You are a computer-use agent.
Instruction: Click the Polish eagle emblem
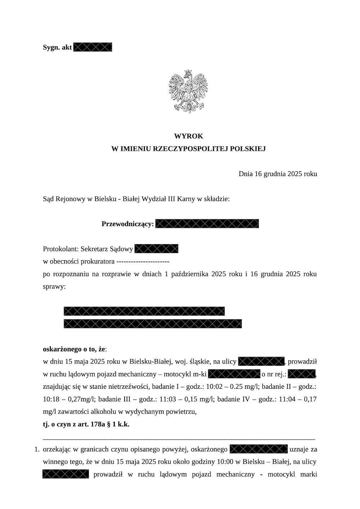(188, 92)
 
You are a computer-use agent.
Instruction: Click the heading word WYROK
(188, 136)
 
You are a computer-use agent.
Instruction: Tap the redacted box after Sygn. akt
(93, 47)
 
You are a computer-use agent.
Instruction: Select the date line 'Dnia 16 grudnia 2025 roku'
(278, 174)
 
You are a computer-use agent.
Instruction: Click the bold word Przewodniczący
(127, 224)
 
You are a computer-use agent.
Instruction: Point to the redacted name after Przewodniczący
(207, 224)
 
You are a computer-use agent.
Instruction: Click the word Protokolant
(60, 249)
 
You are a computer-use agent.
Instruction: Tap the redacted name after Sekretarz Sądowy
(156, 249)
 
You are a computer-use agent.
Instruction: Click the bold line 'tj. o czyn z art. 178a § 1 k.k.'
(86, 424)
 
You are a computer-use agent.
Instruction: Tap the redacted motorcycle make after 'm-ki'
(234, 374)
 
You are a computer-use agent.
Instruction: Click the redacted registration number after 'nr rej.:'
(302, 374)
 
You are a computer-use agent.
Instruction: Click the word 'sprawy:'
(54, 287)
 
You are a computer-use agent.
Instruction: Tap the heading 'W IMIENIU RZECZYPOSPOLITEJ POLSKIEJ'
(188, 149)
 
